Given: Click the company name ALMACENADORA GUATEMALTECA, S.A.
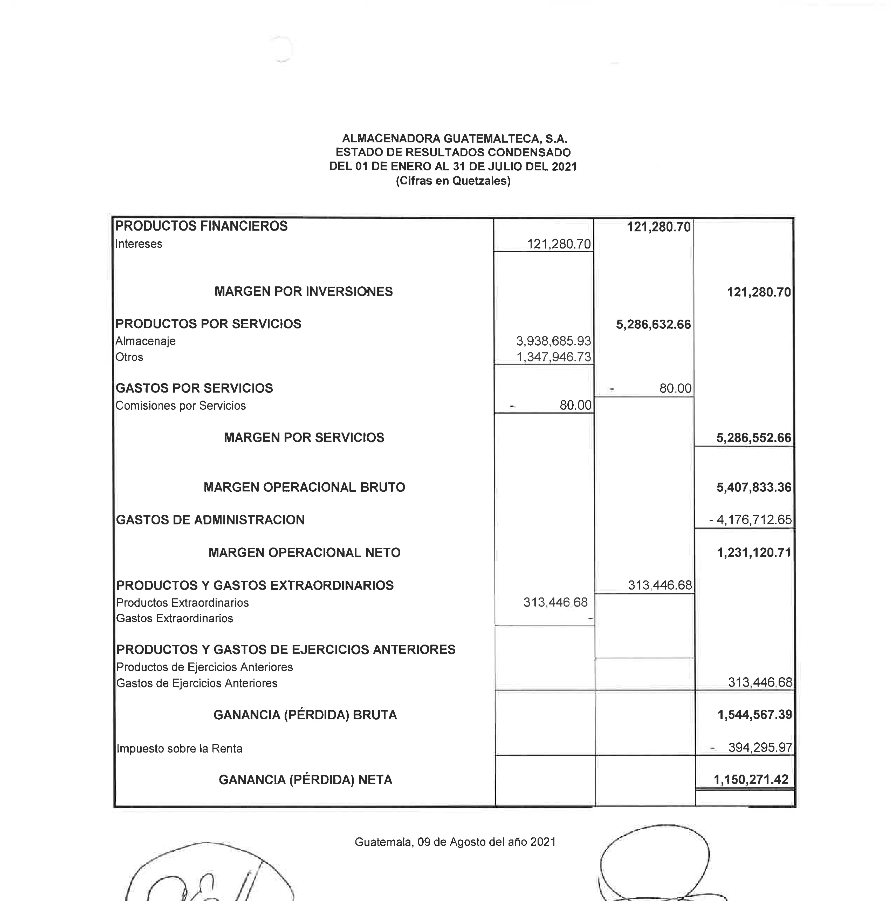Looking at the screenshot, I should point(454,138).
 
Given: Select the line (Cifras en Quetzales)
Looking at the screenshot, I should point(453,181).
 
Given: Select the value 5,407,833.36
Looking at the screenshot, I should point(754,487).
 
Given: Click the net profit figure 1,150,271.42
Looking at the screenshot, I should point(751,780).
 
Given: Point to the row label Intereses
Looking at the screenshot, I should point(138,244).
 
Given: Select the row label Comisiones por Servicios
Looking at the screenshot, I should point(180,406).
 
